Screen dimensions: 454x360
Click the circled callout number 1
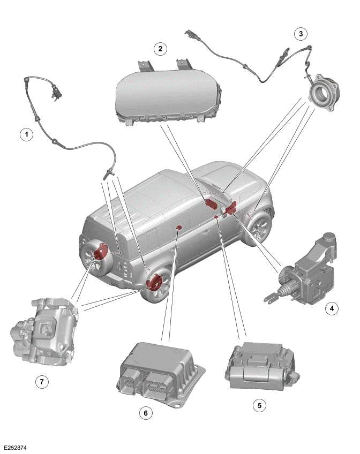tap(24, 134)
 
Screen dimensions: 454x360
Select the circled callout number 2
tap(159, 49)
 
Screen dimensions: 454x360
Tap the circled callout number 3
tap(301, 34)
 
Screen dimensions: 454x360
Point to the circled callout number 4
tap(332, 308)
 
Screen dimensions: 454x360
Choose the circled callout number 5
tap(259, 405)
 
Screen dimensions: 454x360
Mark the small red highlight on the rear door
tap(179, 228)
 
